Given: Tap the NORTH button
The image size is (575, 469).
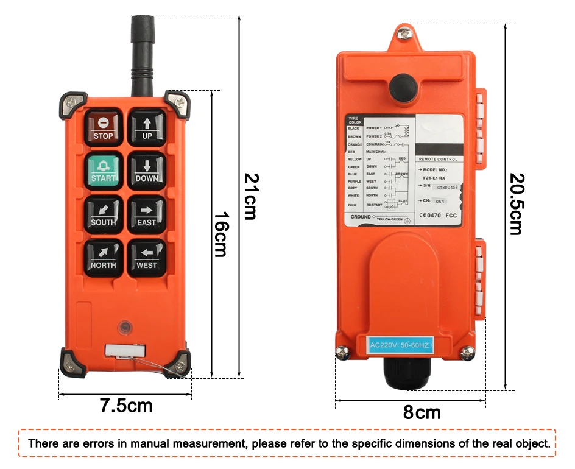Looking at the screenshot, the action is [x=104, y=257].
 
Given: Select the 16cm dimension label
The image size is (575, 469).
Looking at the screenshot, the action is [x=220, y=234].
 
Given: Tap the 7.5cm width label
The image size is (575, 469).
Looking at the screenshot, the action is [x=126, y=406].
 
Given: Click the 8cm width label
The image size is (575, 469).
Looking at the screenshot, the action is [x=422, y=413].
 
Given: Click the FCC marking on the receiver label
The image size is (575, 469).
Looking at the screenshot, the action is [x=451, y=215].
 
